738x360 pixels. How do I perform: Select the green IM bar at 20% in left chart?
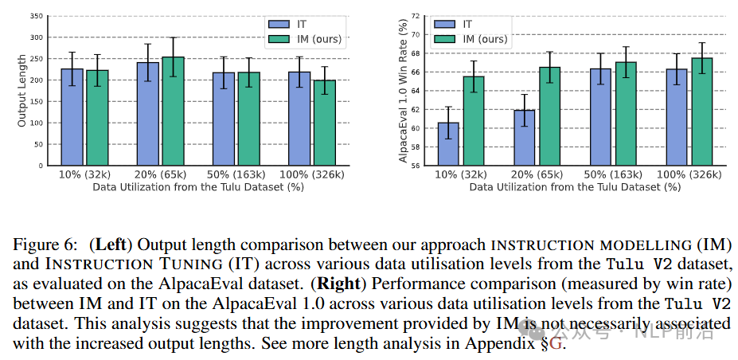tap(173, 112)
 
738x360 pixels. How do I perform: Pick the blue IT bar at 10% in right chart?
tap(448, 144)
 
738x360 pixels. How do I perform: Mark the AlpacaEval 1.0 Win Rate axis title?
tap(403, 89)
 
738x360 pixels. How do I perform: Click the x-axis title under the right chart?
tap(575, 186)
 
